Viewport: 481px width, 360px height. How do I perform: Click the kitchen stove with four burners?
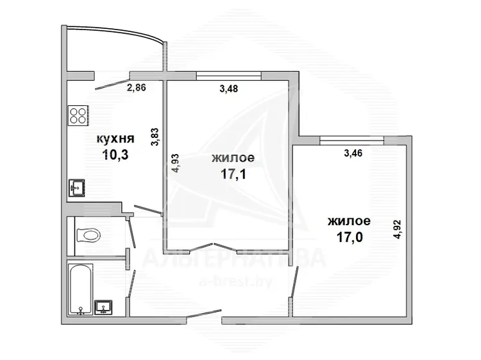78,115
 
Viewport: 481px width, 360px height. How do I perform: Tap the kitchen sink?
77,188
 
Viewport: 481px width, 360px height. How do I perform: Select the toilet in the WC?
88,236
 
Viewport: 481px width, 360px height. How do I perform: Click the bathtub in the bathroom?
80,289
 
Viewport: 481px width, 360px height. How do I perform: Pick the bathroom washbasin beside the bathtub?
103,307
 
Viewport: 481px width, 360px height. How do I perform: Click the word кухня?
115,139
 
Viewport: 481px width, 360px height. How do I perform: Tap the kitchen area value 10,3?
115,155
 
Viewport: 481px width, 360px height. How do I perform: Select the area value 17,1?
233,175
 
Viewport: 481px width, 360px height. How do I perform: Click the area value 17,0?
350,237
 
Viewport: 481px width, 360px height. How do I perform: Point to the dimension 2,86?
137,88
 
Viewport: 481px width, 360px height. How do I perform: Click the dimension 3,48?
229,89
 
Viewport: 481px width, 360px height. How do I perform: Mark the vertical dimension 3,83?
155,137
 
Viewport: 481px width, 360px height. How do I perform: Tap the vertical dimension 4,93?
175,163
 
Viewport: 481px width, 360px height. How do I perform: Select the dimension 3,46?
353,153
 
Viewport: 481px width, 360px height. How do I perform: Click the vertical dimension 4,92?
398,229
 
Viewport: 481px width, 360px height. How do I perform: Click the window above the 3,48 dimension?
229,76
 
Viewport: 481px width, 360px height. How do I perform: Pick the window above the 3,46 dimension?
352,141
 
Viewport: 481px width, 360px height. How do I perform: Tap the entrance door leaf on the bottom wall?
204,314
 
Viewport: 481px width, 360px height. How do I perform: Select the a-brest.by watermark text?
235,281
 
